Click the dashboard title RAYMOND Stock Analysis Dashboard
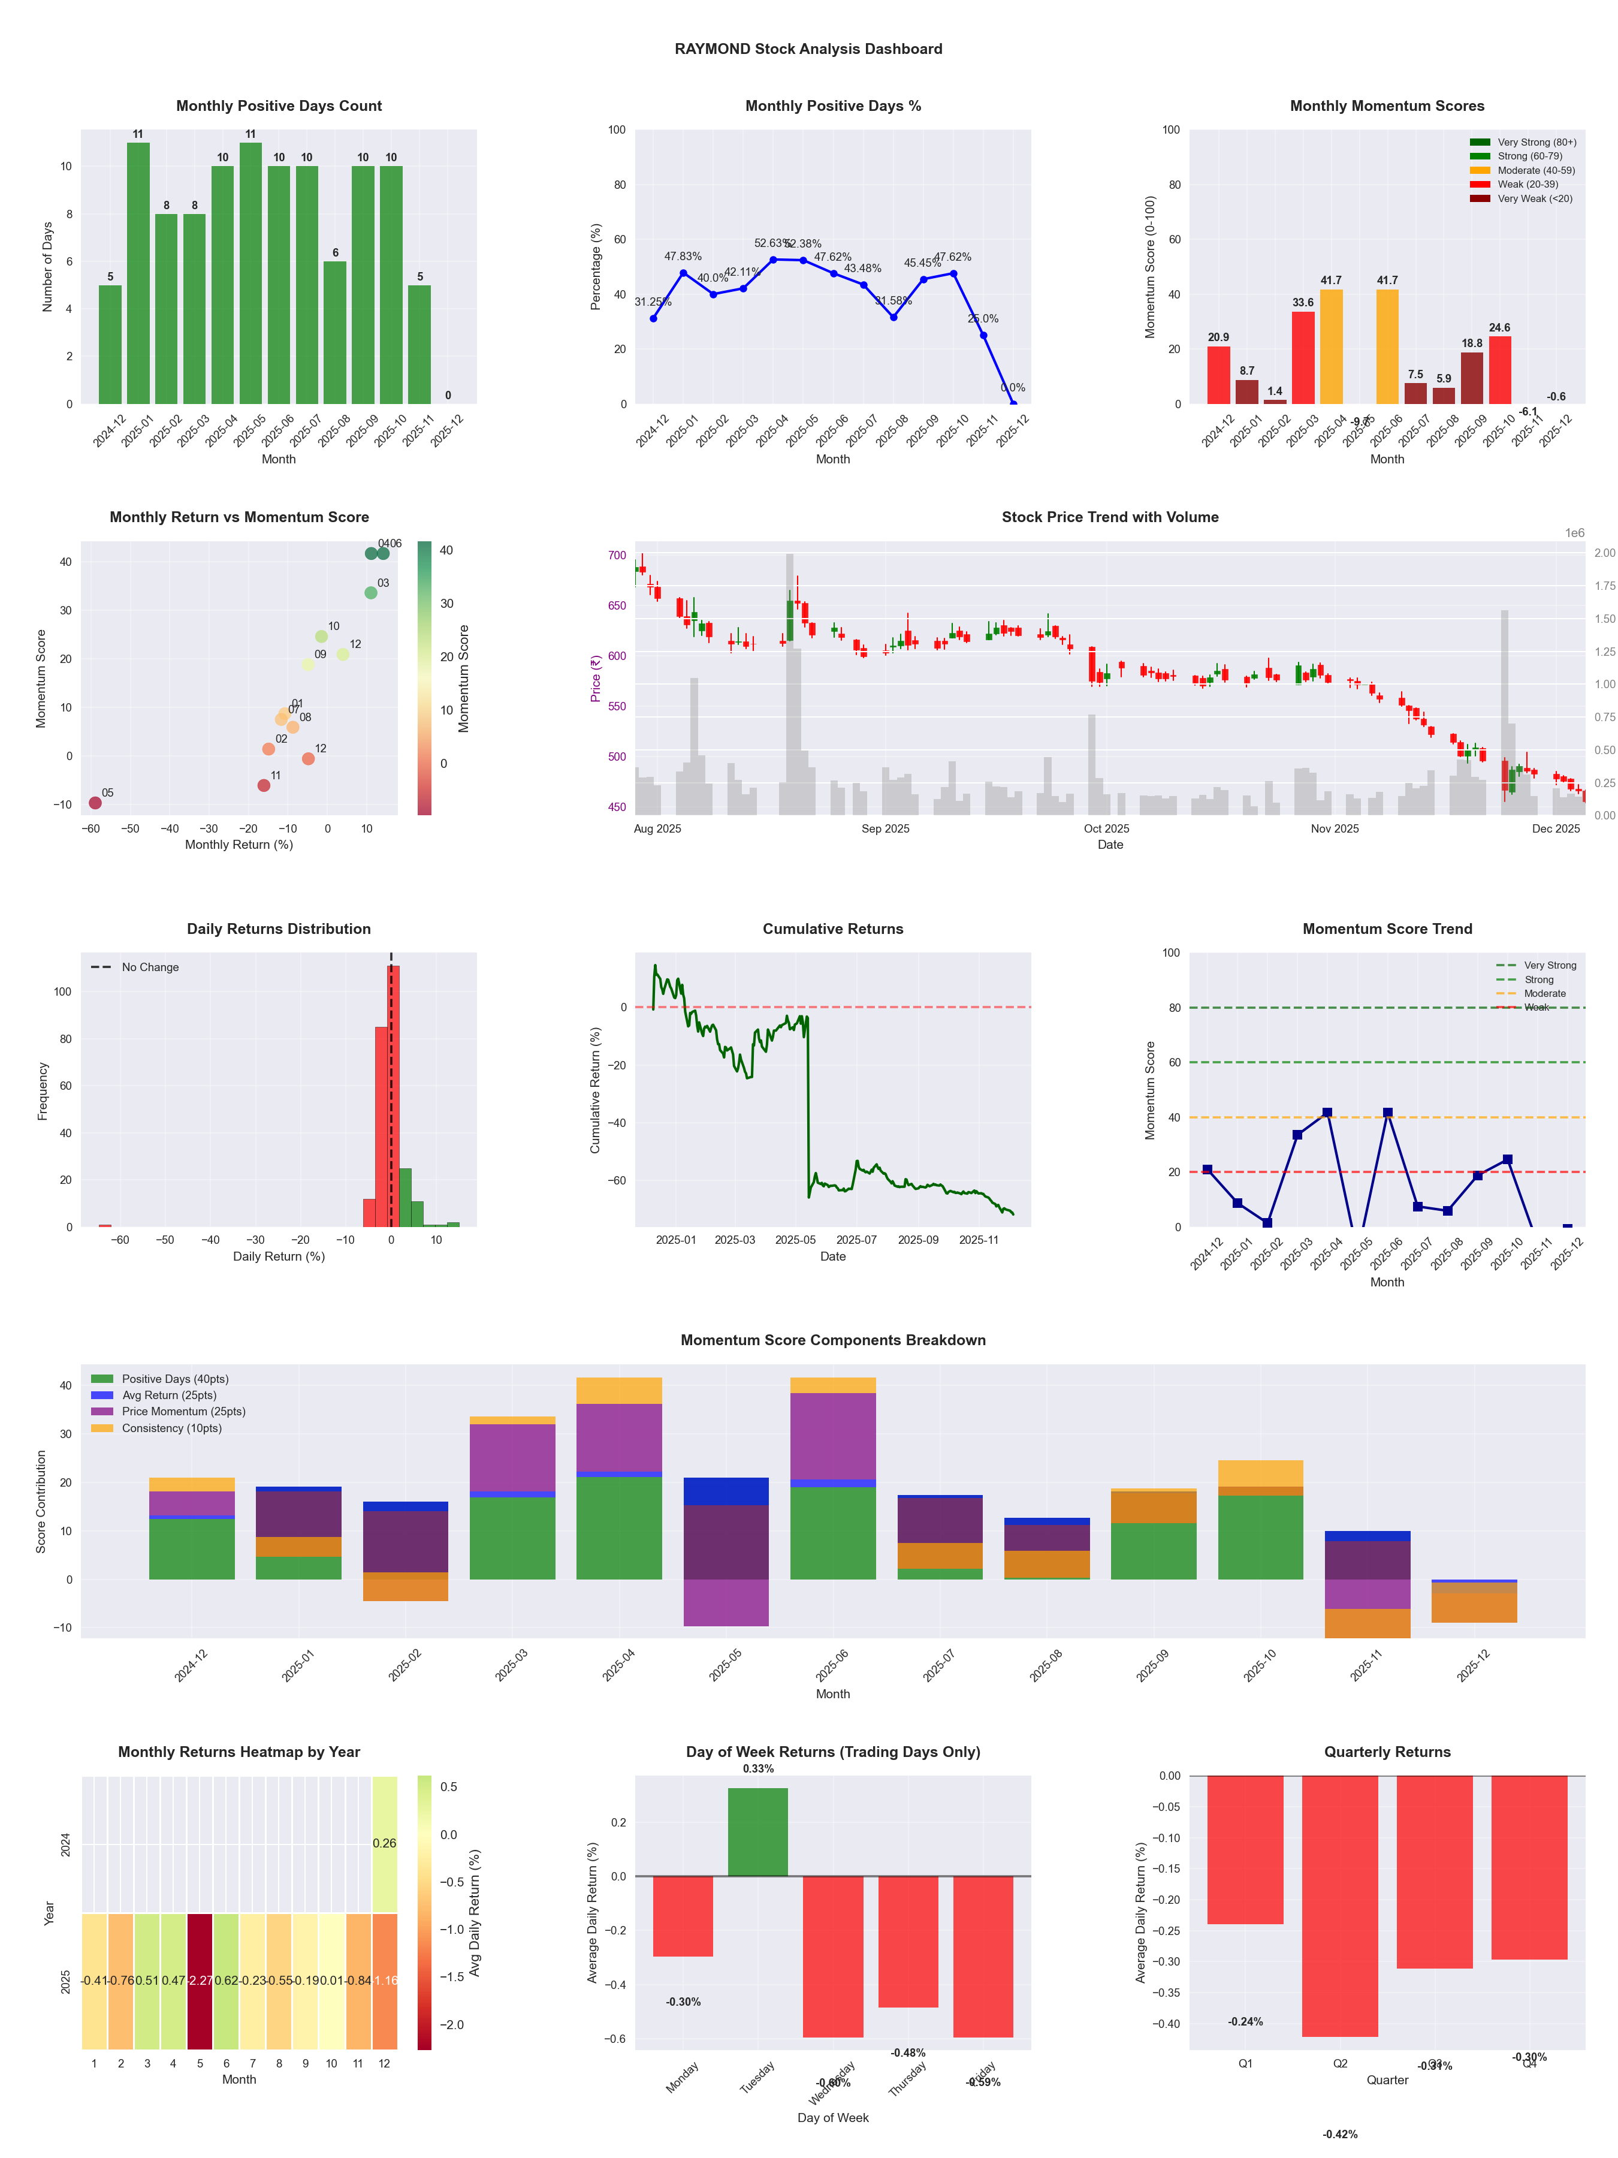pyautogui.click(x=808, y=49)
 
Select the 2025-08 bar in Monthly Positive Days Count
pyautogui.click(x=334, y=331)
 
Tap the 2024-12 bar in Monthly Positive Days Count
pyautogui.click(x=110, y=345)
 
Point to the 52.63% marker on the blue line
pyautogui.click(x=774, y=260)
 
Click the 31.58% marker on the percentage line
pyautogui.click(x=893, y=317)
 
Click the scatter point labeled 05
pyautogui.click(x=95, y=803)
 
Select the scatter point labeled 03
pyautogui.click(x=370, y=593)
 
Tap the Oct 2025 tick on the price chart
pyautogui.click(x=1106, y=828)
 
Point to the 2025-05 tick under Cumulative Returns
pyautogui.click(x=795, y=1240)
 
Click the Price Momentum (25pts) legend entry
pyautogui.click(x=168, y=1412)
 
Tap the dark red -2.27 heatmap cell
pyautogui.click(x=200, y=1981)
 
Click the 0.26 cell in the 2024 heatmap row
pyautogui.click(x=384, y=1843)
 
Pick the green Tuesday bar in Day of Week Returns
pyautogui.click(x=758, y=1832)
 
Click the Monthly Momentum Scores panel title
pyautogui.click(x=1387, y=106)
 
